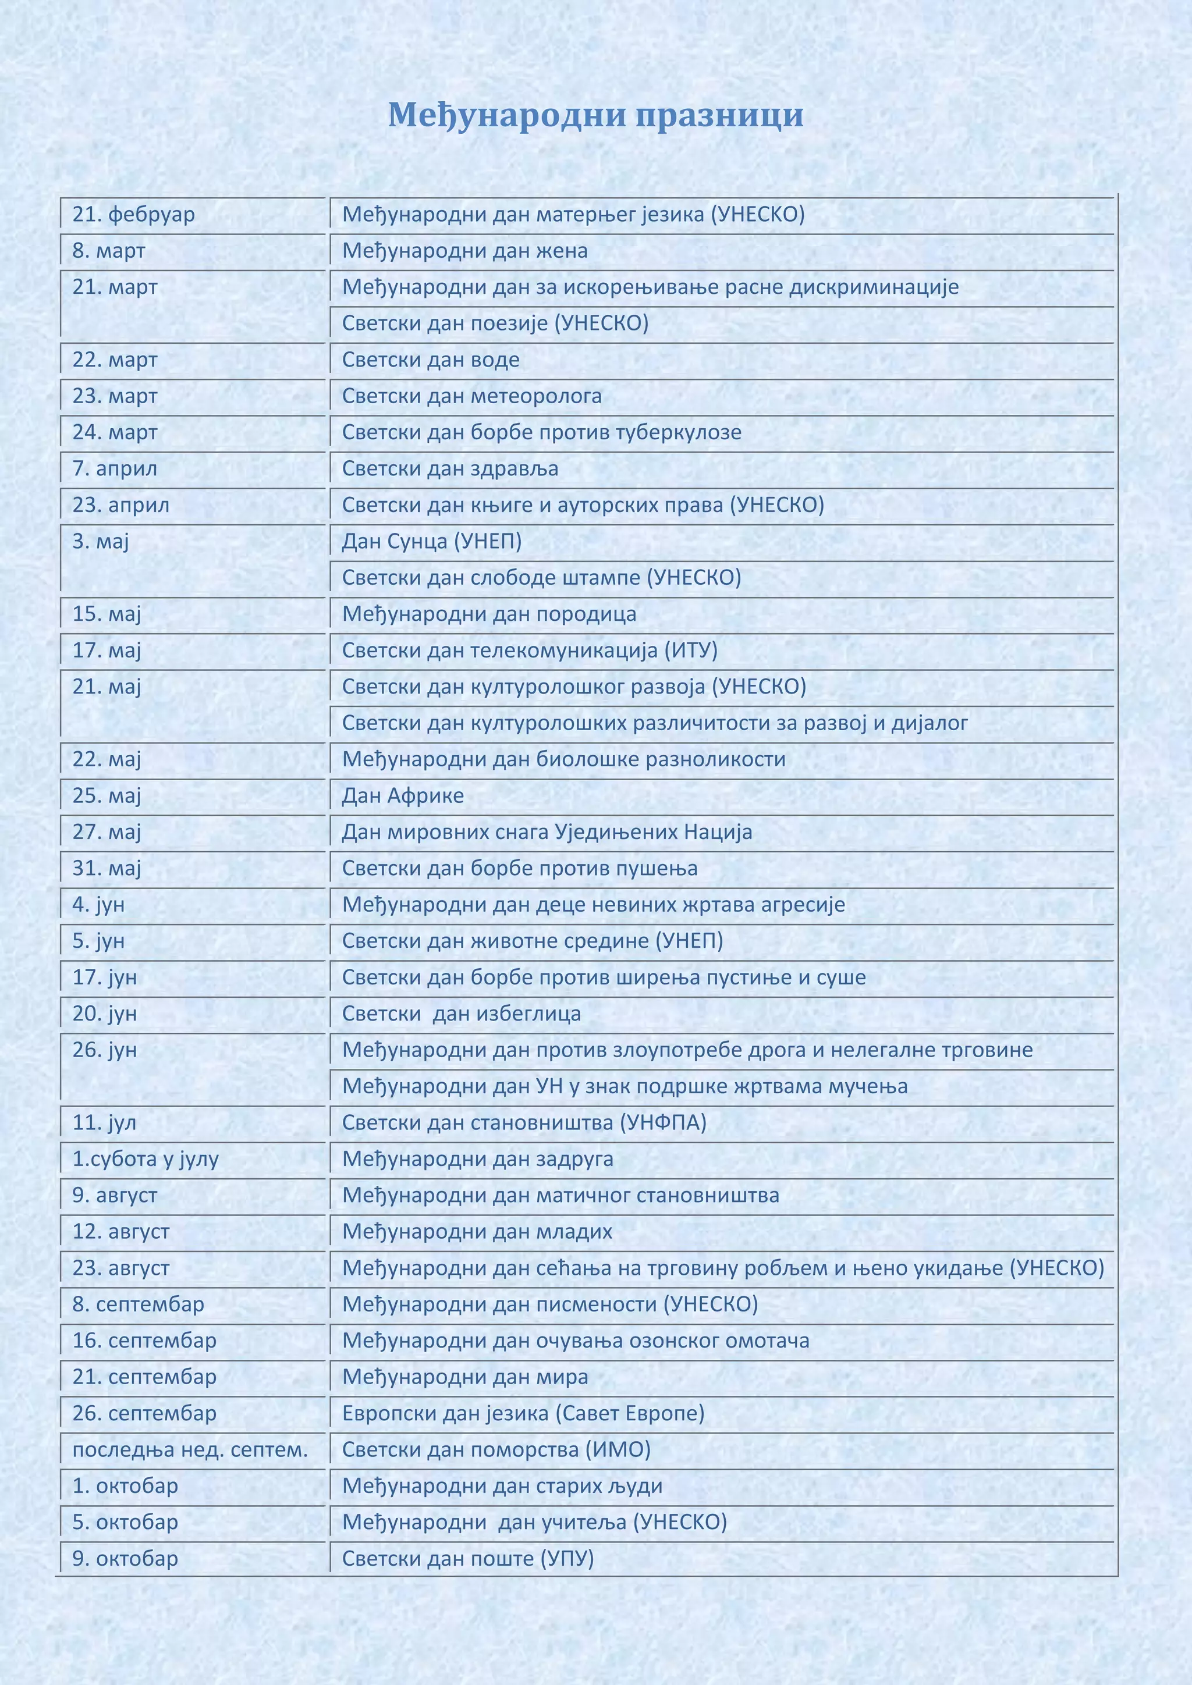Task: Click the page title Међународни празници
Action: coord(595,115)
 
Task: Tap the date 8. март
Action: coord(109,251)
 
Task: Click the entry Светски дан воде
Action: coord(431,360)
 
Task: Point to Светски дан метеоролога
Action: coord(472,396)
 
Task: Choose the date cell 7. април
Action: coord(115,469)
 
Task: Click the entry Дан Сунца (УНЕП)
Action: coord(432,542)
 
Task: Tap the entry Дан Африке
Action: coord(403,795)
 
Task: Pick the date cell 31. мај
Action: coord(107,868)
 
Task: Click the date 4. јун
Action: coord(98,905)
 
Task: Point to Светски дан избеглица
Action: coord(462,1014)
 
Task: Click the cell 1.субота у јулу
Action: coord(146,1160)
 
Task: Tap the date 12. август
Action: coord(120,1232)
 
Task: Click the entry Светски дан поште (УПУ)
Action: coord(467,1559)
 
